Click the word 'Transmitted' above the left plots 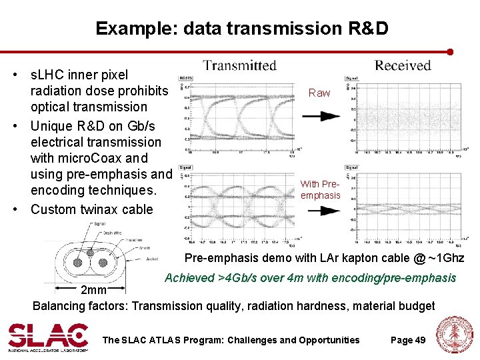click(239, 65)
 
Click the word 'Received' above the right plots click(403, 65)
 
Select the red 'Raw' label click(319, 93)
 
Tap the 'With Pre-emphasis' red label click(320, 189)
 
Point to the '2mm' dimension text click(93, 290)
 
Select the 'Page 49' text click(408, 340)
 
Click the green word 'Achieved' click(189, 277)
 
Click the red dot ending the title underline click(451, 51)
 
